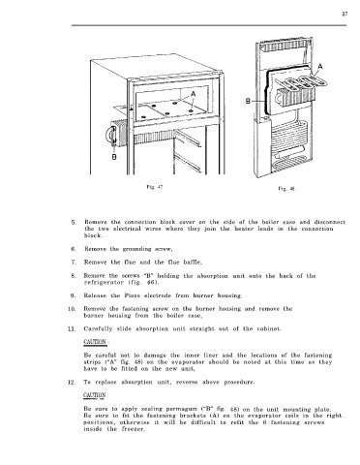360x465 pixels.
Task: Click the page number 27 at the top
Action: (x=345, y=14)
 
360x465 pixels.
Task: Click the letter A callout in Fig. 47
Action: (x=193, y=94)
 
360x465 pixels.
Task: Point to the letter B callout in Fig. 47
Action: (x=114, y=157)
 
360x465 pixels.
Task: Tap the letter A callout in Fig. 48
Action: (x=320, y=67)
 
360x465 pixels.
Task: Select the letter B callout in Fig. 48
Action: (x=248, y=102)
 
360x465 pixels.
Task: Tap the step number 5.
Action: (x=74, y=222)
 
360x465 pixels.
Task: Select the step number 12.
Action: (x=72, y=383)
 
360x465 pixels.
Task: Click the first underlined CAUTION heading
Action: (x=95, y=342)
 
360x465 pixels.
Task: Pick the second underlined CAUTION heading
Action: (x=95, y=395)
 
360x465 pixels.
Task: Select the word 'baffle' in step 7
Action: (x=193, y=263)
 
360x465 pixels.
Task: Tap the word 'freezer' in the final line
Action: (x=134, y=429)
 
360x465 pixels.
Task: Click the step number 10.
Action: (x=72, y=309)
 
